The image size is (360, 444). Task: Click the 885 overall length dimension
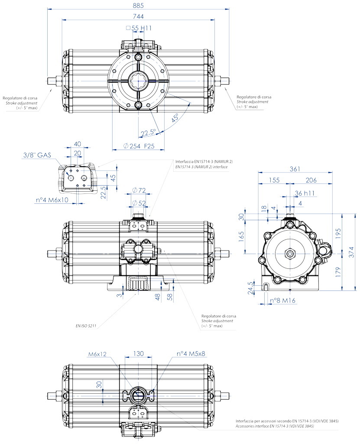(138, 5)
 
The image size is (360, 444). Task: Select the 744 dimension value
(138, 16)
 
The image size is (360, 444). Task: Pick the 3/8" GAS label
(37, 155)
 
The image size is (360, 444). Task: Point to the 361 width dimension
(295, 169)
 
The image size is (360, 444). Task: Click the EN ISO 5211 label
(85, 326)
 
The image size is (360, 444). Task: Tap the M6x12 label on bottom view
(97, 354)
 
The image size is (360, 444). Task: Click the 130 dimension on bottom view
(138, 354)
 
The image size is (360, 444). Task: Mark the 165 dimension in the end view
(242, 237)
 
